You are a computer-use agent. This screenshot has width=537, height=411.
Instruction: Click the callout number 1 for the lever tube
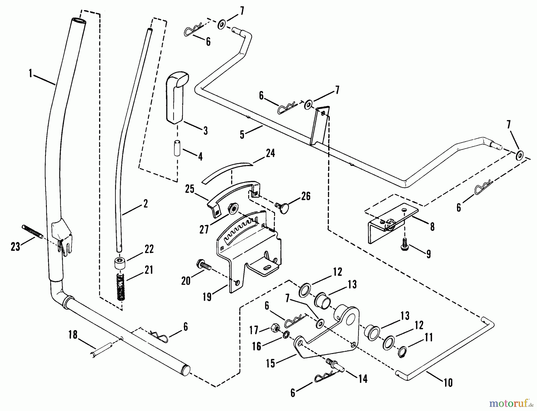30,73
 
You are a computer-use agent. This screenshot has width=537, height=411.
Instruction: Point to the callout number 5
242,135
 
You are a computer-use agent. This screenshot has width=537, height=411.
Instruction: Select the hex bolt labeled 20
203,265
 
